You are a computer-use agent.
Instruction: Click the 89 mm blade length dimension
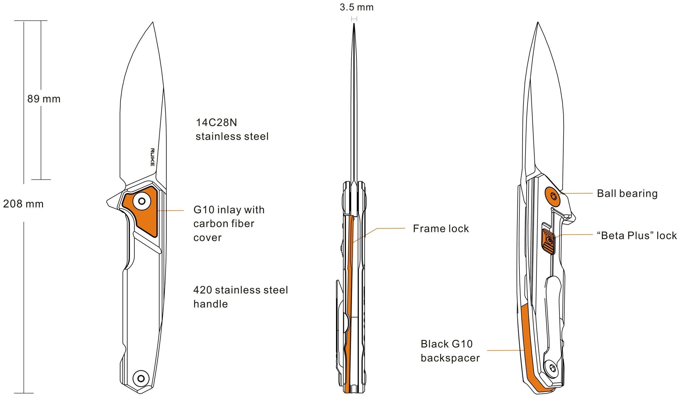[x=44, y=99]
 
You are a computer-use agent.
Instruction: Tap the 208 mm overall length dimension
[x=23, y=204]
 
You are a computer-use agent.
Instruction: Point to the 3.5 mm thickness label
[x=356, y=7]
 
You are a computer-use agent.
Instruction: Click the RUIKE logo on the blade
[x=152, y=157]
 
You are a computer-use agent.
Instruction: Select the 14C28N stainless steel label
[x=232, y=130]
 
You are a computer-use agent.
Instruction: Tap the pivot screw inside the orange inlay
[x=142, y=201]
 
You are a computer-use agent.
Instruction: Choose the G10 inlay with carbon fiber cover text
[x=229, y=223]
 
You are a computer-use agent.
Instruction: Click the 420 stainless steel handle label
[x=240, y=297]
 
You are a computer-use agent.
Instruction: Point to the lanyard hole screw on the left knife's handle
[x=141, y=378]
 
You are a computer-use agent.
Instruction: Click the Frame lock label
[x=441, y=228]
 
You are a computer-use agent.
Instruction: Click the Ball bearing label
[x=627, y=193]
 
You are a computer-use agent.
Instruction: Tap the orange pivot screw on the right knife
[x=553, y=196]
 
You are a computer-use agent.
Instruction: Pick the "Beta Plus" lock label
[x=637, y=235]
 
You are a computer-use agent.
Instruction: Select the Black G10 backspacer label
[x=450, y=351]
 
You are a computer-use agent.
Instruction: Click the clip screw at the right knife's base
[x=552, y=368]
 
